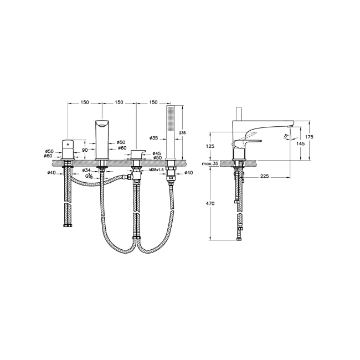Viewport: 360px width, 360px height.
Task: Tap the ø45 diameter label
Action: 157,153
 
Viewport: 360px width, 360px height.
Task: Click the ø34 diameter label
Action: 86,170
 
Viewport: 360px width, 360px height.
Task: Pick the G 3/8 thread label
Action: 89,177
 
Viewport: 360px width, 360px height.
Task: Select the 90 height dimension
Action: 85,150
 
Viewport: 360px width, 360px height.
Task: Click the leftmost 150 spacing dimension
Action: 84,102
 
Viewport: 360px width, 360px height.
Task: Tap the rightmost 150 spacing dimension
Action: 153,102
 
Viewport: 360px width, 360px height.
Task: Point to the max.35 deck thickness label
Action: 210,164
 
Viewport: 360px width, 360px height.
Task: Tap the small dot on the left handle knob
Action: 68,143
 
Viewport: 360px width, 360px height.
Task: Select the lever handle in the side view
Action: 243,143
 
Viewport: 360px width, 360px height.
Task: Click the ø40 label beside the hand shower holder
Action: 188,172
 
